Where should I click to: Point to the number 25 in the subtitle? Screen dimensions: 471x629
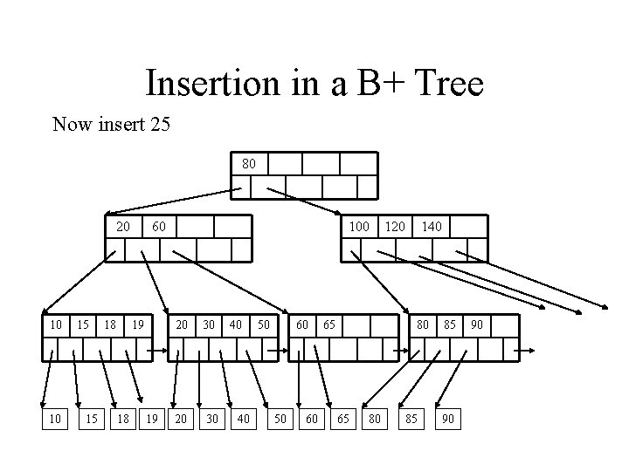pyautogui.click(x=160, y=125)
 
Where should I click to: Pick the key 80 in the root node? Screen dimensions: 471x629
pyautogui.click(x=249, y=163)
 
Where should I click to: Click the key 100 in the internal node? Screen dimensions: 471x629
pyautogui.click(x=358, y=227)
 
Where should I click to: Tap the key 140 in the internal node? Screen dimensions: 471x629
pyautogui.click(x=432, y=227)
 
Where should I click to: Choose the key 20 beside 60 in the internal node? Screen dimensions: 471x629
pyautogui.click(x=124, y=227)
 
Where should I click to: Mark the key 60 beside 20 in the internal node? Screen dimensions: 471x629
pyautogui.click(x=158, y=227)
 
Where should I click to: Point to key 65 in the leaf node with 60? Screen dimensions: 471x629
pyautogui.click(x=329, y=324)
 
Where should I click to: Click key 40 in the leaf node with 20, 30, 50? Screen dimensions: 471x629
pyautogui.click(x=236, y=324)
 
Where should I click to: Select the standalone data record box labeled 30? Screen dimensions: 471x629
pyautogui.click(x=211, y=420)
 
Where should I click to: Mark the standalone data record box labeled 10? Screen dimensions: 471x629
pyautogui.click(x=56, y=420)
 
